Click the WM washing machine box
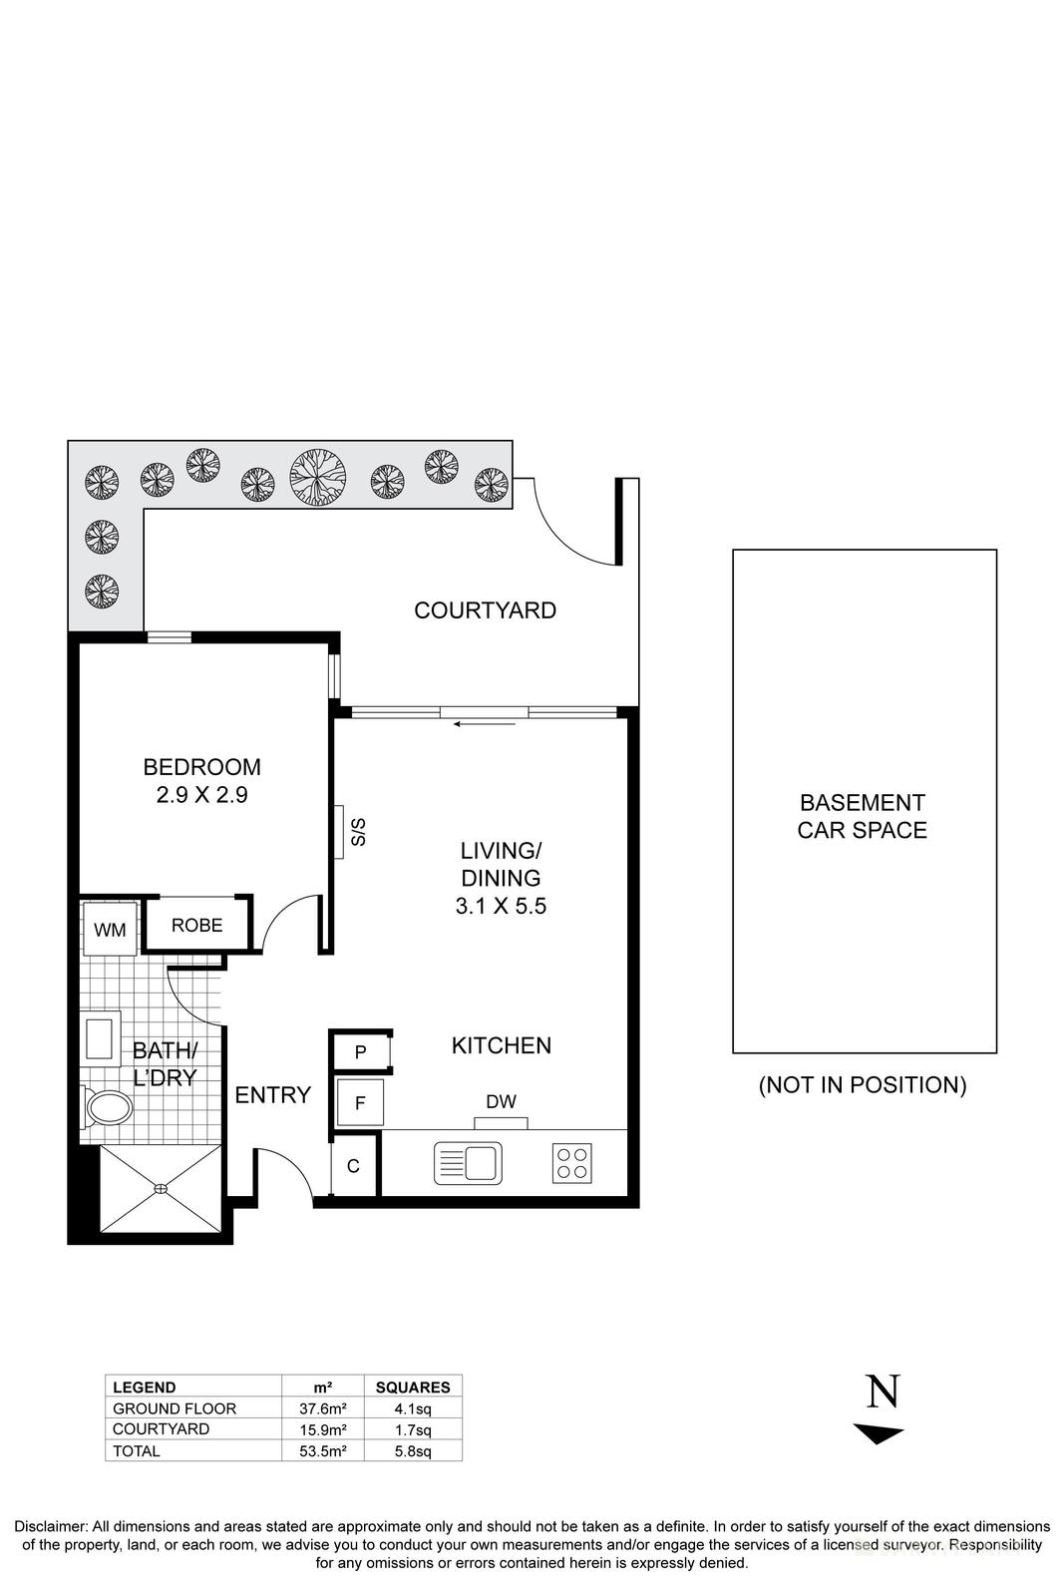click(x=110, y=930)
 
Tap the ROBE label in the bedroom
click(x=196, y=925)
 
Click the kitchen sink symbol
click(x=468, y=1163)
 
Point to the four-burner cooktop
click(x=572, y=1163)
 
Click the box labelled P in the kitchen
click(x=360, y=1052)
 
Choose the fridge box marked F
click(x=360, y=1103)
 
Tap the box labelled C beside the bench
click(x=353, y=1165)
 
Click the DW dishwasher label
click(x=501, y=1101)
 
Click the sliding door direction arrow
click(x=485, y=723)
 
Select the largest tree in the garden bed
click(x=318, y=476)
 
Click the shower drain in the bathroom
click(x=161, y=1188)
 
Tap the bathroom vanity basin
click(x=100, y=1037)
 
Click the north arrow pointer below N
click(x=879, y=1434)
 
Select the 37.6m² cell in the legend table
click(x=323, y=1408)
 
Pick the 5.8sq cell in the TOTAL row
click(x=412, y=1451)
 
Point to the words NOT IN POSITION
click(x=863, y=1085)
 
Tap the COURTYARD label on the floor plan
click(x=485, y=610)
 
